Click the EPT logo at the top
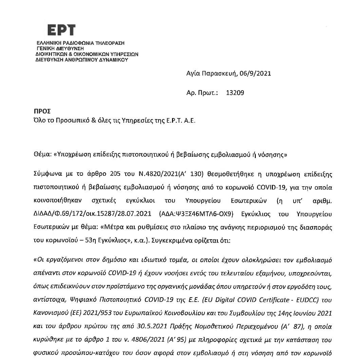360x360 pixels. pos(61,31)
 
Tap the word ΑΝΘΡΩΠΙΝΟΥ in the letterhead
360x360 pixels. pos(81,59)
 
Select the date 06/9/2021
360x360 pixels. pos(255,73)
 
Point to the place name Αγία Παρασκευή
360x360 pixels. pos(212,73)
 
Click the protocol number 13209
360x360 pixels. pos(235,92)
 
